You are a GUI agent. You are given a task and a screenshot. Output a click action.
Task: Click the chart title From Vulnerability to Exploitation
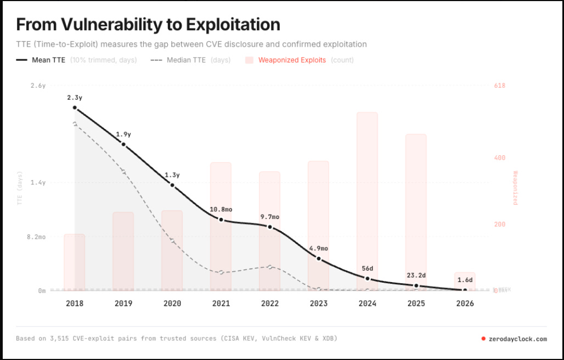point(148,24)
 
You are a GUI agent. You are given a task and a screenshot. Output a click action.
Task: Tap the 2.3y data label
point(75,98)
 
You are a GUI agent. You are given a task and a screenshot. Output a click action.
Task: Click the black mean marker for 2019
point(123,144)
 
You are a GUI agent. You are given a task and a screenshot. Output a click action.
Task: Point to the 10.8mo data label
point(221,209)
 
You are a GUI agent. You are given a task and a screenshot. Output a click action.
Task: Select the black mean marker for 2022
point(270,227)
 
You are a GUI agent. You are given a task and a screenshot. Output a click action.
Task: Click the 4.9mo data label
point(318,249)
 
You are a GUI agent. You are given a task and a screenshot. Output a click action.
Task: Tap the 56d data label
point(367,269)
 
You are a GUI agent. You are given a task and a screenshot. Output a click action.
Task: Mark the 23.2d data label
point(416,275)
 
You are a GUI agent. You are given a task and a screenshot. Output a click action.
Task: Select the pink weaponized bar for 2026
point(465,280)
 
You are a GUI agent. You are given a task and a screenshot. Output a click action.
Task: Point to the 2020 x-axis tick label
point(172,303)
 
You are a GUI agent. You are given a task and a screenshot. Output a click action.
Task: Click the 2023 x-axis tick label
point(318,303)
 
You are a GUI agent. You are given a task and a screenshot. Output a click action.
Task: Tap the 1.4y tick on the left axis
point(38,183)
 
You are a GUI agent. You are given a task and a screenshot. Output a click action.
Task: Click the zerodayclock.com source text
point(517,339)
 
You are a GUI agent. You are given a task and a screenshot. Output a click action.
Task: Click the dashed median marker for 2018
point(75,123)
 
